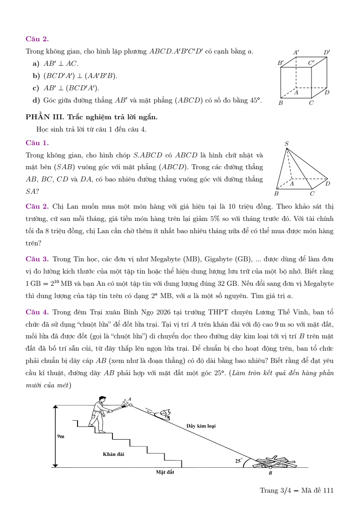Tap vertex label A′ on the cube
click(x=296, y=53)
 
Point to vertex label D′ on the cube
click(x=326, y=53)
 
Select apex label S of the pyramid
click(x=287, y=144)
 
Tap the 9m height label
click(x=61, y=436)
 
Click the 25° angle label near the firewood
click(x=238, y=460)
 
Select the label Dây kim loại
click(x=201, y=426)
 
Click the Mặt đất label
click(x=165, y=472)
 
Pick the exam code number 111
click(x=328, y=490)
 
